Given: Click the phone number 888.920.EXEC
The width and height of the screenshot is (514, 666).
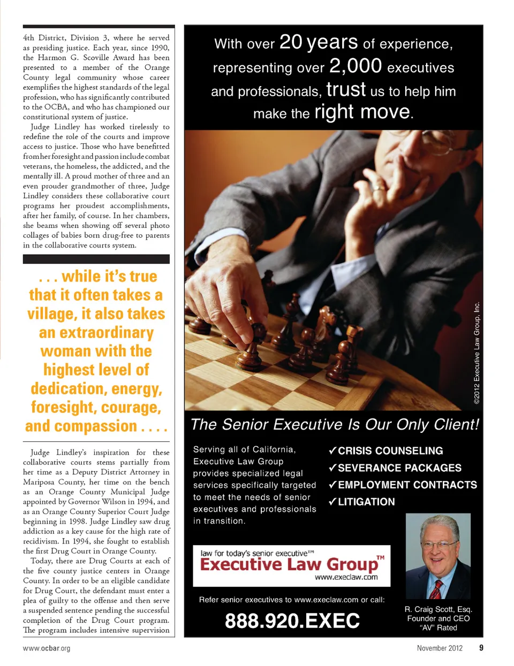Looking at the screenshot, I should (292, 621).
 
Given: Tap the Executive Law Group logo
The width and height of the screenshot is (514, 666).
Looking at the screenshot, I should (291, 565).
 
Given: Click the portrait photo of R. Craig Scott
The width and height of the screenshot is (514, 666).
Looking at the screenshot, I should (438, 556).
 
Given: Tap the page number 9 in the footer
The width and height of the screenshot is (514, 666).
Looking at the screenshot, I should (481, 648).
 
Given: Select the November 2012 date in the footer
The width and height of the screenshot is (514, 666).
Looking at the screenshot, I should (440, 648).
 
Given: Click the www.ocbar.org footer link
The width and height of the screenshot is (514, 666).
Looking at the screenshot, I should (47, 648).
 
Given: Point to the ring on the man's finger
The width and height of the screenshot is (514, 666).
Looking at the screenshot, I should (379, 188).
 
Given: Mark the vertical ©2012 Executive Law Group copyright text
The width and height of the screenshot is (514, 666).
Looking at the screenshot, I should (477, 353).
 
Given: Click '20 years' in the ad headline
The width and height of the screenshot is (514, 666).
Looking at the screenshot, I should (319, 42).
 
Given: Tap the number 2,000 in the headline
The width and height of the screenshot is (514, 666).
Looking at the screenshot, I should (356, 66).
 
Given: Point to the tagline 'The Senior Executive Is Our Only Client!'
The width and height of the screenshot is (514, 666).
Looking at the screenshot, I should (335, 425).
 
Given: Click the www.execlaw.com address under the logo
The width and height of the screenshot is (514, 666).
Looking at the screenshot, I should (346, 577).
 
